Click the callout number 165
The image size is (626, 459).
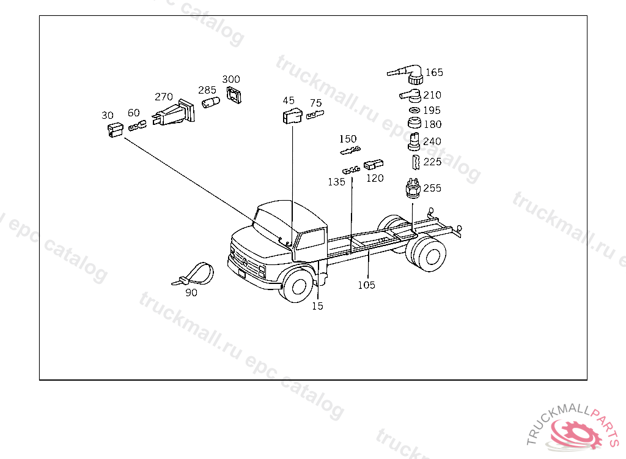(435, 72)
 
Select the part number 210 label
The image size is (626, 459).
(432, 95)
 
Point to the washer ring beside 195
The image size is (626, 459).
(414, 110)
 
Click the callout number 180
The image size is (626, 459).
(432, 124)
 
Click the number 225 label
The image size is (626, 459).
(432, 162)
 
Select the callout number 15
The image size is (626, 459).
(317, 306)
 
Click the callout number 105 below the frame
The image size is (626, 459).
(367, 285)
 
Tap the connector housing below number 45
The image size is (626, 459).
(291, 116)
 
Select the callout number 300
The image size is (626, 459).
(231, 80)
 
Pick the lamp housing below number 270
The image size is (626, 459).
(174, 114)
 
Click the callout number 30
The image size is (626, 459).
(108, 115)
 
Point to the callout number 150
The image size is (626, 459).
(348, 139)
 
